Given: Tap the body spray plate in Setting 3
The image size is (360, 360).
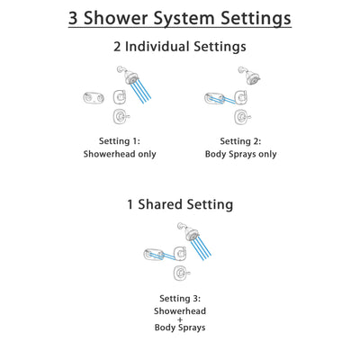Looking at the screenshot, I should coord(154,254).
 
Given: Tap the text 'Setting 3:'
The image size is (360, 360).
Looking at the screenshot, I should coord(180,298).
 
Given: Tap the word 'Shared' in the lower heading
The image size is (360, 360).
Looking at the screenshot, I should coord(164,204).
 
